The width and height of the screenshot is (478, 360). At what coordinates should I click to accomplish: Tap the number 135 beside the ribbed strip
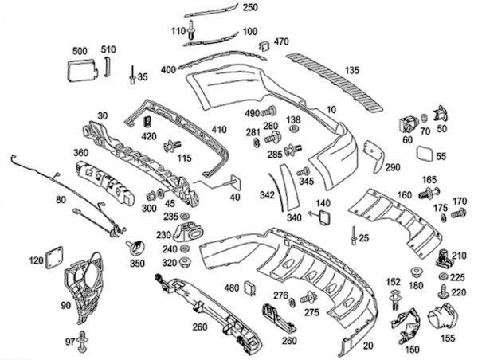(351, 71)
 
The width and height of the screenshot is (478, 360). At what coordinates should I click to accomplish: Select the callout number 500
(80, 51)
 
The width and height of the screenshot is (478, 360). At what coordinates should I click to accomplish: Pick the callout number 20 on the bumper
(366, 346)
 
